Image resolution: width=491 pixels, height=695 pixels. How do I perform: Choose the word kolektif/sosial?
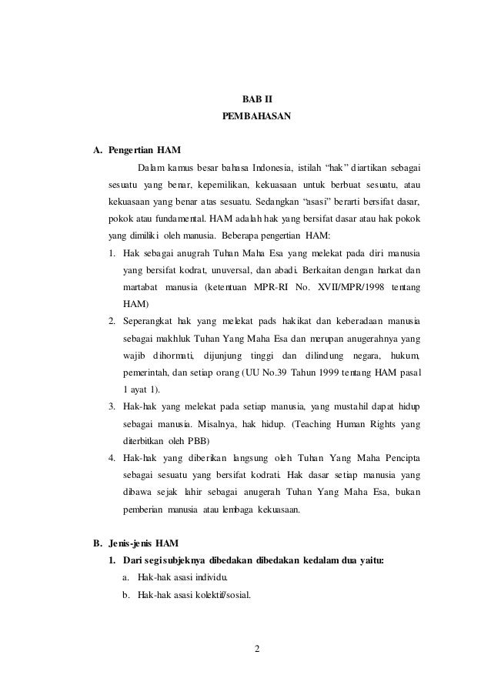click(212, 594)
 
